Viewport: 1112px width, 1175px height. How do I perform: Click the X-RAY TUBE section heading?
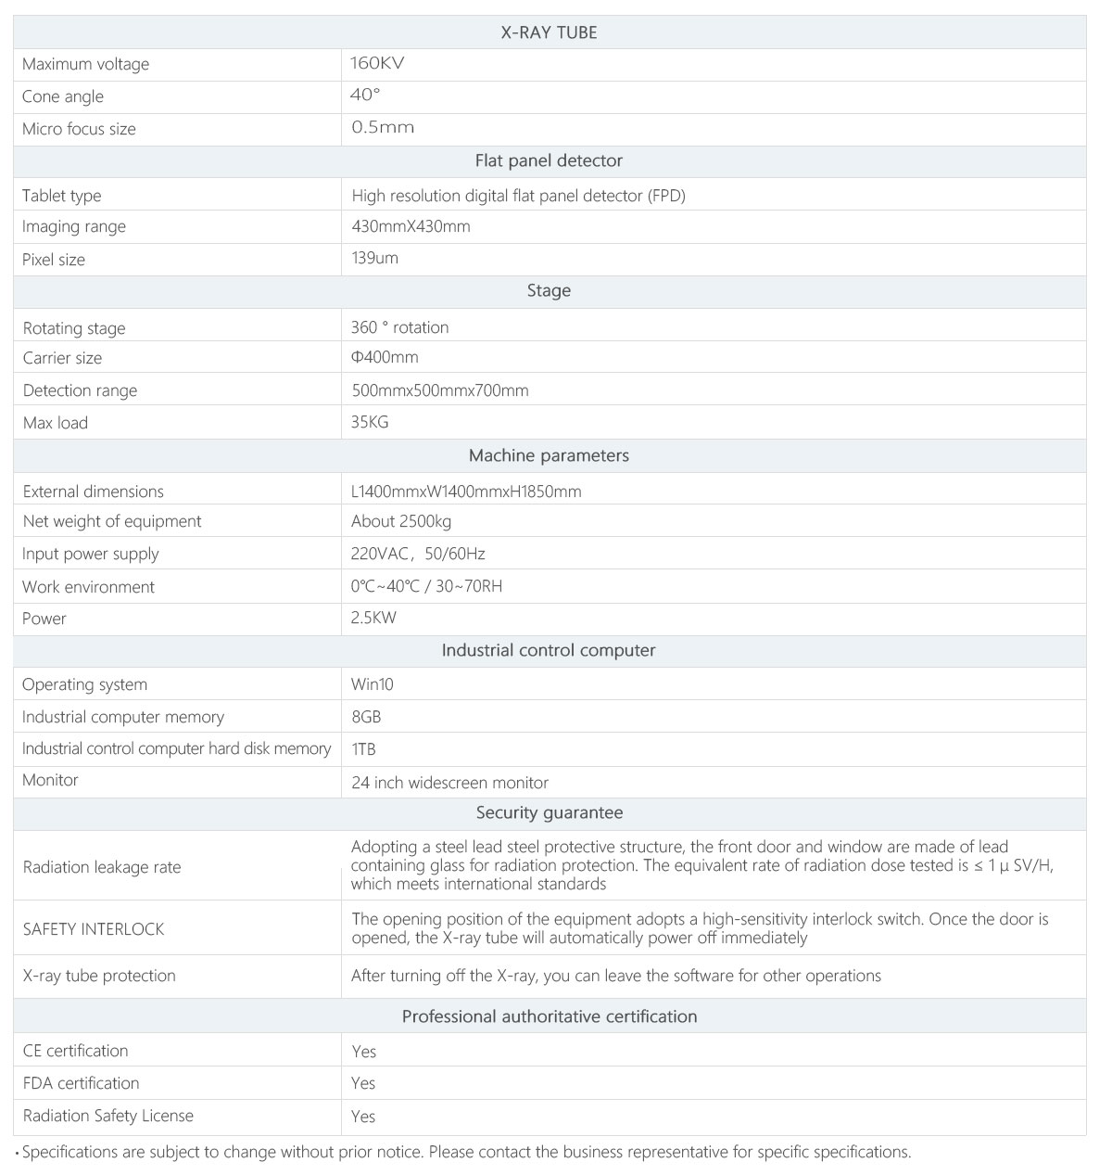549,32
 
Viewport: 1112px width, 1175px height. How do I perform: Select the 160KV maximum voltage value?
377,63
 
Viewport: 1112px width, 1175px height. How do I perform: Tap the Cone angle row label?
63,96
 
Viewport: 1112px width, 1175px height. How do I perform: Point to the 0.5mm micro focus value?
383,127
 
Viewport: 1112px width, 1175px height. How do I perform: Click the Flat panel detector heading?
549,160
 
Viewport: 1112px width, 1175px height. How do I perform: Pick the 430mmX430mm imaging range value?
411,226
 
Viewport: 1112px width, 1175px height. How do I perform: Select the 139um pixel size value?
374,258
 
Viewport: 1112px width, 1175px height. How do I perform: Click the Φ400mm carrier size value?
385,357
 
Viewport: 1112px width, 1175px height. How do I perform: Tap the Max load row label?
56,423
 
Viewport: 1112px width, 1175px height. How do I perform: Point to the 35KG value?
370,422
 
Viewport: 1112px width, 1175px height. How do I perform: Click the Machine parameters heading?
549,455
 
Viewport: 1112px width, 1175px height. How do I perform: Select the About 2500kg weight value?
401,521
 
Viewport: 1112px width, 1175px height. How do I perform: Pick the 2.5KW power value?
373,618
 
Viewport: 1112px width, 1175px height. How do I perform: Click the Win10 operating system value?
373,684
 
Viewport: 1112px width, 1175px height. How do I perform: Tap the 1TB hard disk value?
363,748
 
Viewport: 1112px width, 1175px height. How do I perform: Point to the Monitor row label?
50,780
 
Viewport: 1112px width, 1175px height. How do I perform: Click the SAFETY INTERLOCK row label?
94,928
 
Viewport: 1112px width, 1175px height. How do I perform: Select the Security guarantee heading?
549,812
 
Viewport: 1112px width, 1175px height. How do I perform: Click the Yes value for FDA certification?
363,1083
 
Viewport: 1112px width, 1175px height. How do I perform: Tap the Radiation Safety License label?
108,1116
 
